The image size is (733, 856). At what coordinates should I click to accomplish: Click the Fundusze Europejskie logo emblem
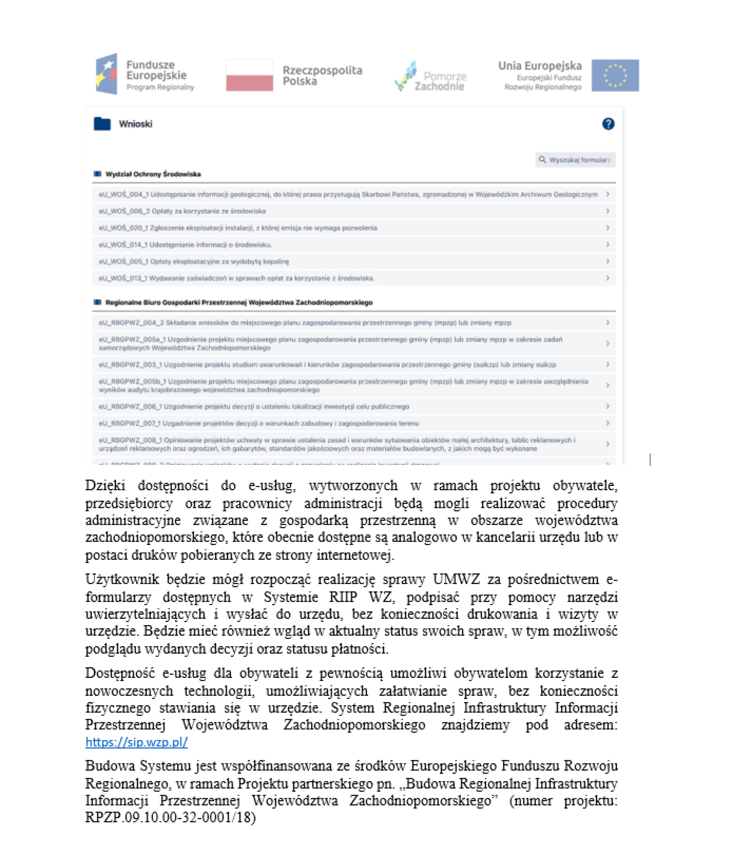(106, 74)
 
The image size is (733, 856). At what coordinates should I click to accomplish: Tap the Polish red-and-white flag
(249, 75)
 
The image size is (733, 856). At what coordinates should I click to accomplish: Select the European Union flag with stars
(614, 75)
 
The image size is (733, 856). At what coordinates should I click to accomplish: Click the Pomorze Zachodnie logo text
(439, 81)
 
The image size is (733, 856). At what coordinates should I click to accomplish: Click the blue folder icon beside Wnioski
(102, 124)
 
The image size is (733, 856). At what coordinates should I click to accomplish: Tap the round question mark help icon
(607, 124)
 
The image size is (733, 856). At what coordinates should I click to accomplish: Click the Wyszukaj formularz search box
(575, 160)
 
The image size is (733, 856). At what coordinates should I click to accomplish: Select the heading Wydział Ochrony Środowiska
(153, 174)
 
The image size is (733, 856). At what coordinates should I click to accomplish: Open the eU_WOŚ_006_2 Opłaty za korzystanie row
(182, 211)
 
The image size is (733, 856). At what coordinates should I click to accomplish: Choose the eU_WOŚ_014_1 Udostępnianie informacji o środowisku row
(185, 245)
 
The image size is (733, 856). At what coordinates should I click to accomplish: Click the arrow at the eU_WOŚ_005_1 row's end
(607, 261)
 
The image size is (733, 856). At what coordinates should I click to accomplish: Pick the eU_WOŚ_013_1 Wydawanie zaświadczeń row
(236, 278)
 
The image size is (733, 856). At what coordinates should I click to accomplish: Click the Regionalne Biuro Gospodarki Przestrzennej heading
(238, 302)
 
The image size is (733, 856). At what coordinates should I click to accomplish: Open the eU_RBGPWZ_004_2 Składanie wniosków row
(305, 322)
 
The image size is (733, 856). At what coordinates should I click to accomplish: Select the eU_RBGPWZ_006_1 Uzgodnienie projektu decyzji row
(254, 406)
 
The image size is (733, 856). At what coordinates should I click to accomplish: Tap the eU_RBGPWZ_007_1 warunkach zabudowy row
(258, 423)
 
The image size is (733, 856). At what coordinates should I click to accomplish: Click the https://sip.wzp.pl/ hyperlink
(137, 742)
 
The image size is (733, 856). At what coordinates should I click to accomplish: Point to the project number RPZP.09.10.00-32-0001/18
(170, 817)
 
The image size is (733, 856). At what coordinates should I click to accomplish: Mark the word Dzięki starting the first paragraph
(105, 485)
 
